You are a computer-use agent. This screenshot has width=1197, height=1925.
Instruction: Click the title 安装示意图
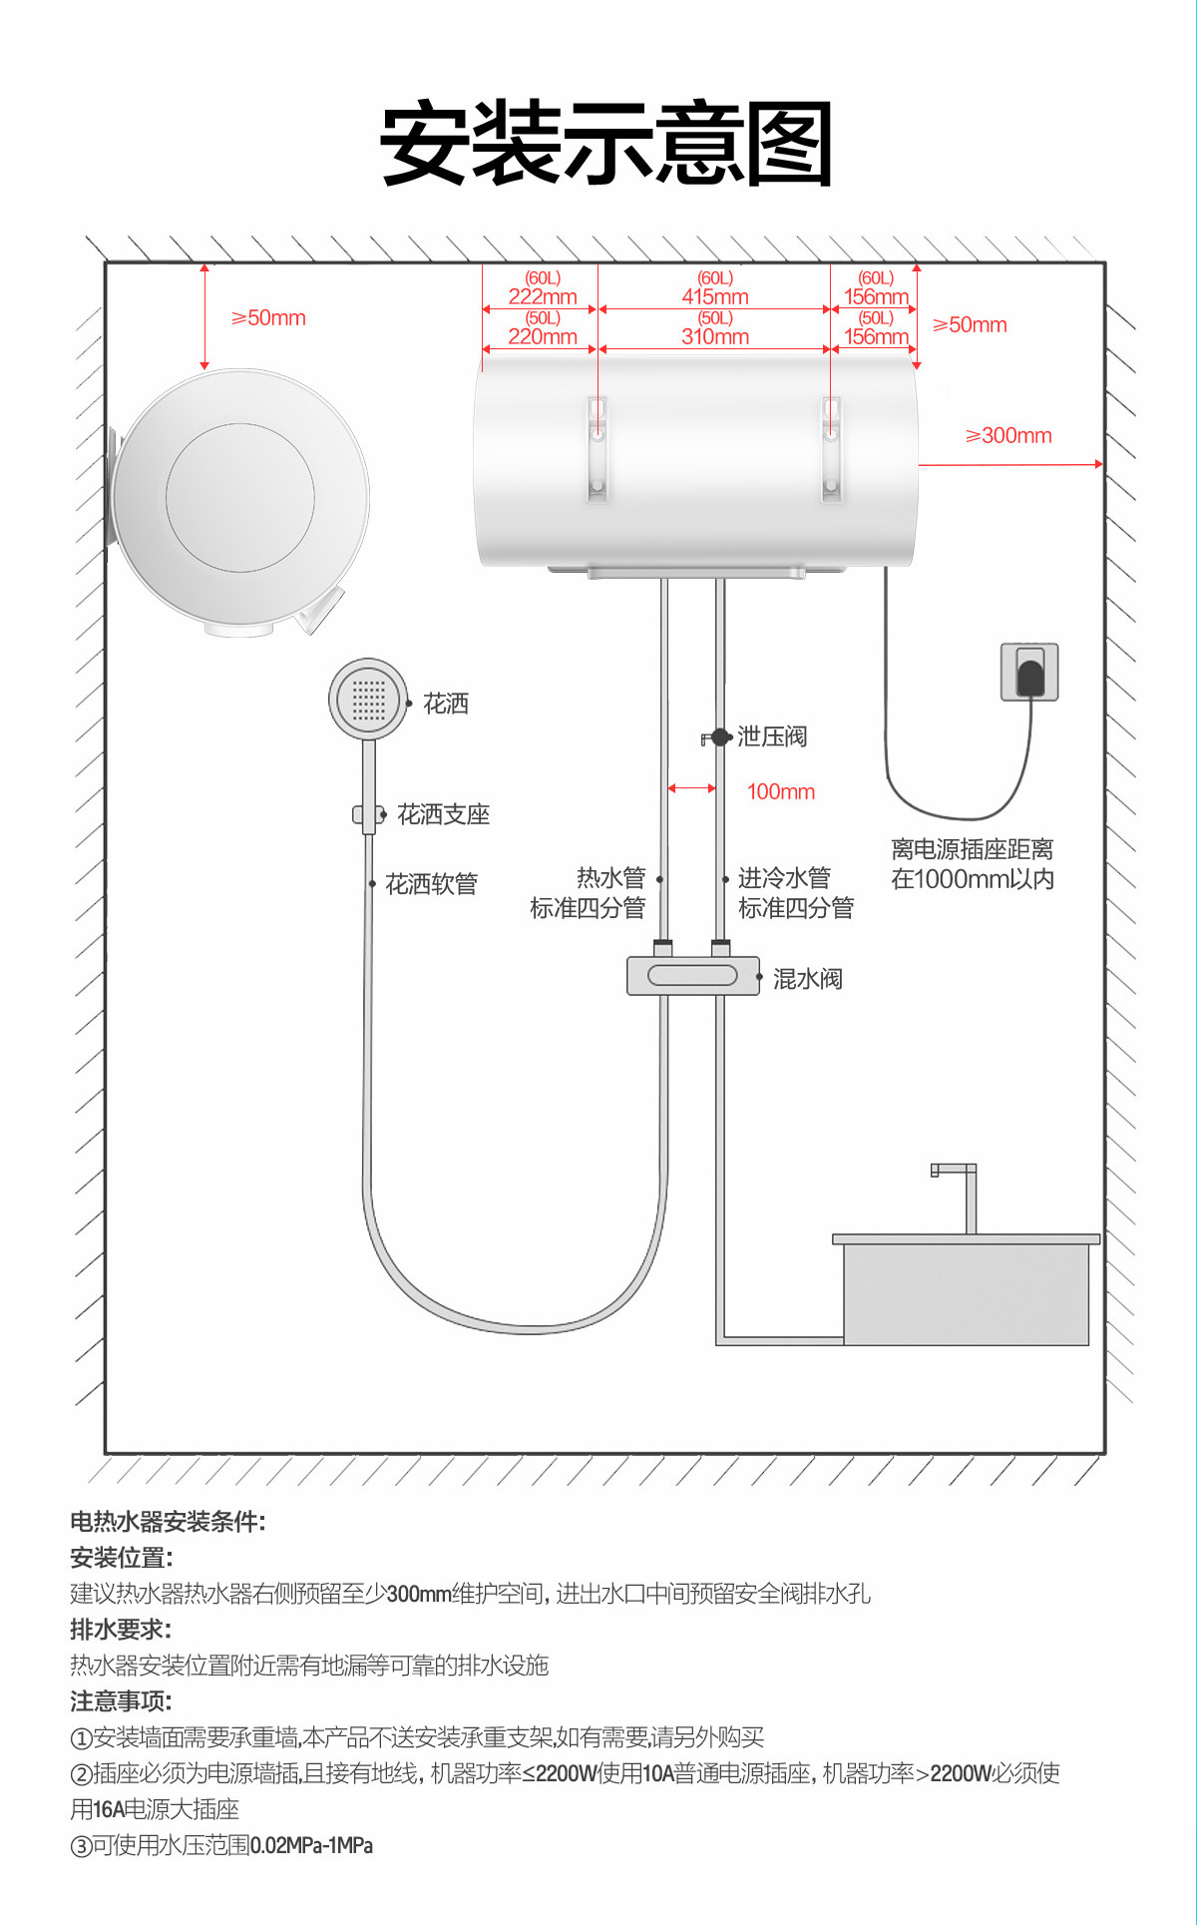[605, 144]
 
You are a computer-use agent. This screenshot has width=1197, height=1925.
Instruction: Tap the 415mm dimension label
[715, 296]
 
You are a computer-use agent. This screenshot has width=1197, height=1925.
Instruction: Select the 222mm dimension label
[543, 296]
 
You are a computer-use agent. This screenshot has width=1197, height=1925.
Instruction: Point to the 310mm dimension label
[715, 337]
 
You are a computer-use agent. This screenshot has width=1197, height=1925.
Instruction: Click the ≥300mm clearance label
[1008, 436]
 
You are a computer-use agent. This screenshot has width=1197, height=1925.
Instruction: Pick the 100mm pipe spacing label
[780, 792]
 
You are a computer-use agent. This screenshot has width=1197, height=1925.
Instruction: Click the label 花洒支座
[443, 815]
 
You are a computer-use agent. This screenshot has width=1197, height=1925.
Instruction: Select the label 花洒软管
[431, 884]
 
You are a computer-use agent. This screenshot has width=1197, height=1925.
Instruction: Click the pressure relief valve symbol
[717, 737]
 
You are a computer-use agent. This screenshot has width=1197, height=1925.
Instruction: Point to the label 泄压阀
[772, 737]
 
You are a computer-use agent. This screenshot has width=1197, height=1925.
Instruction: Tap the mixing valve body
[692, 975]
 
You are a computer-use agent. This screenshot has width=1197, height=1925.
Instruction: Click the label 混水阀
[807, 979]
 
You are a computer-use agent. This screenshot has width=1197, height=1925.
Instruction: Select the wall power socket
[1029, 673]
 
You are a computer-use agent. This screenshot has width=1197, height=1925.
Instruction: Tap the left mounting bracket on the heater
[598, 449]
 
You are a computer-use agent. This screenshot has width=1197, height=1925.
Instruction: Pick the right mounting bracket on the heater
[831, 449]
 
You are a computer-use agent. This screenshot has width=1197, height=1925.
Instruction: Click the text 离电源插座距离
[972, 850]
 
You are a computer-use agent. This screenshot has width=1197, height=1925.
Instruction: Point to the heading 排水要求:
[121, 1630]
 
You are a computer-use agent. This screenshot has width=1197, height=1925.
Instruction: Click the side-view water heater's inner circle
[240, 497]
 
